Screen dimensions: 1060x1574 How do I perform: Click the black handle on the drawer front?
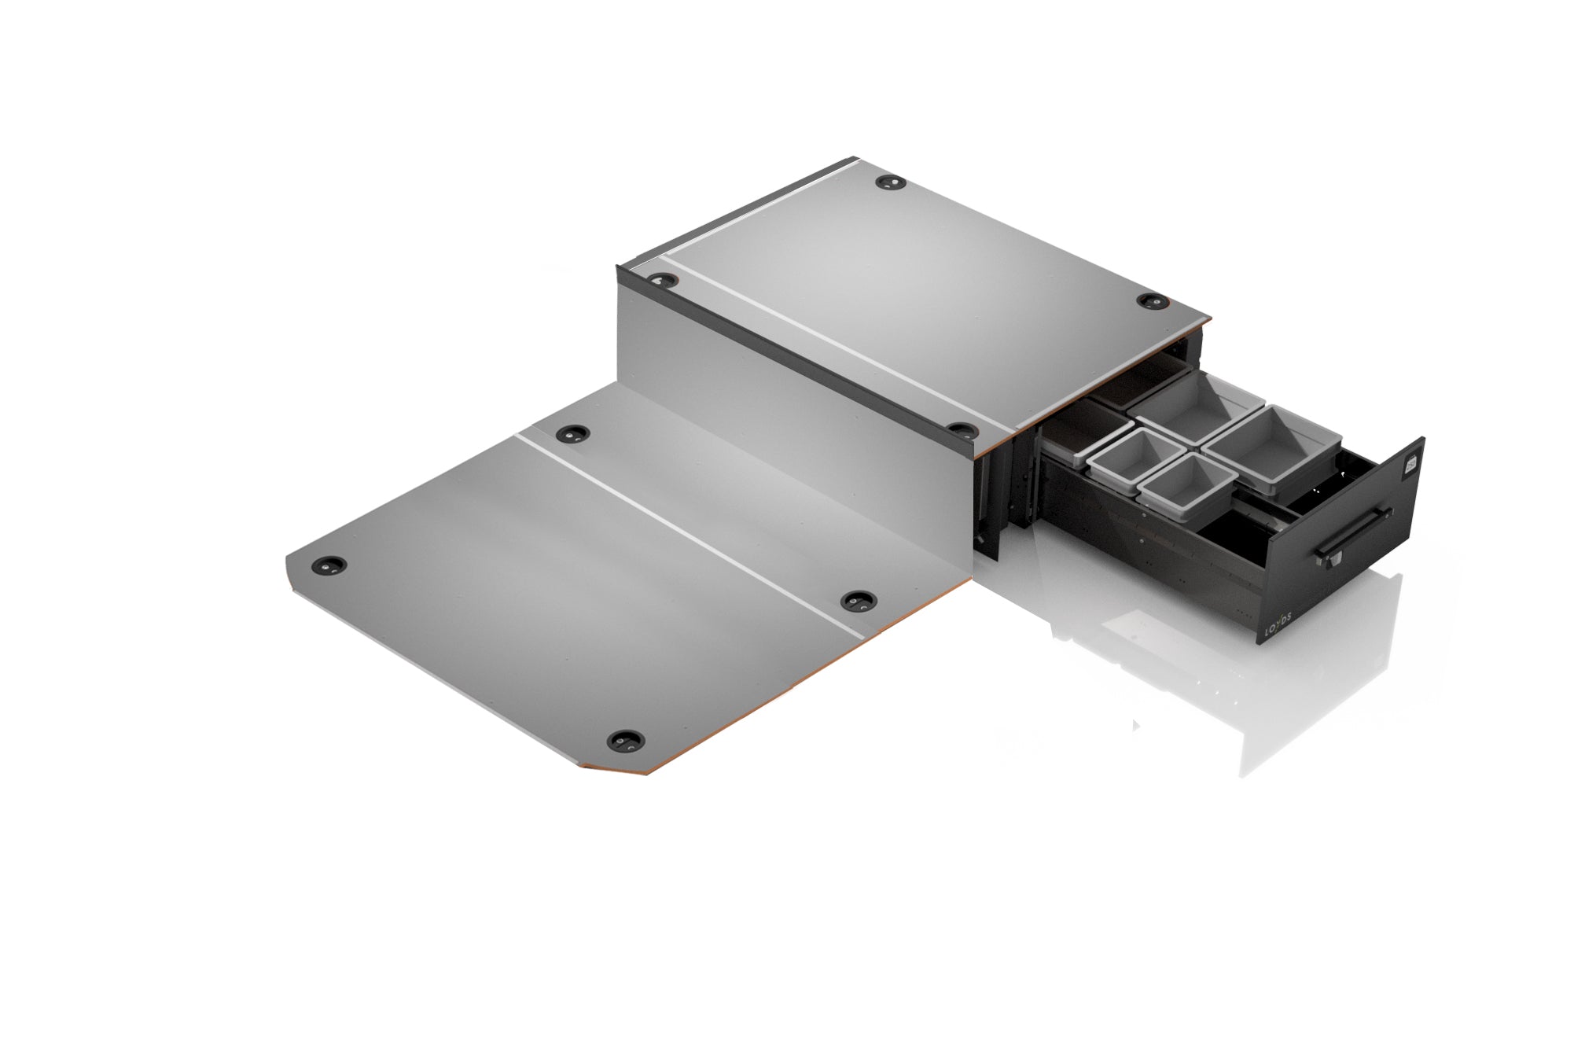click(1354, 534)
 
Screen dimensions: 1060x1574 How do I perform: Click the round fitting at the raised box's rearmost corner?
click(890, 183)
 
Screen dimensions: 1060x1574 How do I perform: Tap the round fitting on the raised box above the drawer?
click(1153, 300)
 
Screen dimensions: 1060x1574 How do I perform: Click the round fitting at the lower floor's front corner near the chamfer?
click(626, 741)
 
